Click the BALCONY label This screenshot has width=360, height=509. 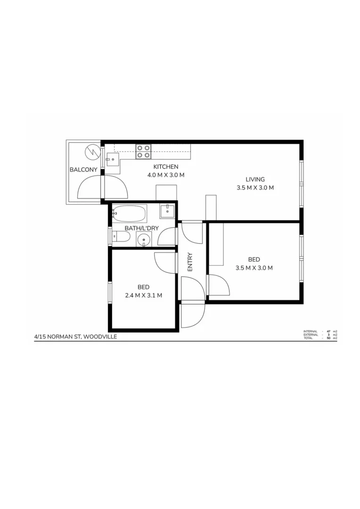83,170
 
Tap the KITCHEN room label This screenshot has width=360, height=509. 166,167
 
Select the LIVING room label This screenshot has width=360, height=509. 255,179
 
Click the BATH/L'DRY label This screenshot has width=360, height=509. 141,229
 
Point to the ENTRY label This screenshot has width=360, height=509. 190,263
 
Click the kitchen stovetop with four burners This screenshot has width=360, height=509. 143,151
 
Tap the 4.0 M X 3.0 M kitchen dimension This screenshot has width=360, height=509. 166,175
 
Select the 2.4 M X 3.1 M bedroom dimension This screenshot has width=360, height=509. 144,296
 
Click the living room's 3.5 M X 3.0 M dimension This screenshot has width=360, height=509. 255,188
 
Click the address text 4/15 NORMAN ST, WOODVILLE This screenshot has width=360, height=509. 75,337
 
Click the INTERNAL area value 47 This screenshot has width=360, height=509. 328,331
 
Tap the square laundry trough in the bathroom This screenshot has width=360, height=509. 167,211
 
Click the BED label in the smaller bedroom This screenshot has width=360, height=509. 144,287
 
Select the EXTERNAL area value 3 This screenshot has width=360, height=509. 329,335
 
